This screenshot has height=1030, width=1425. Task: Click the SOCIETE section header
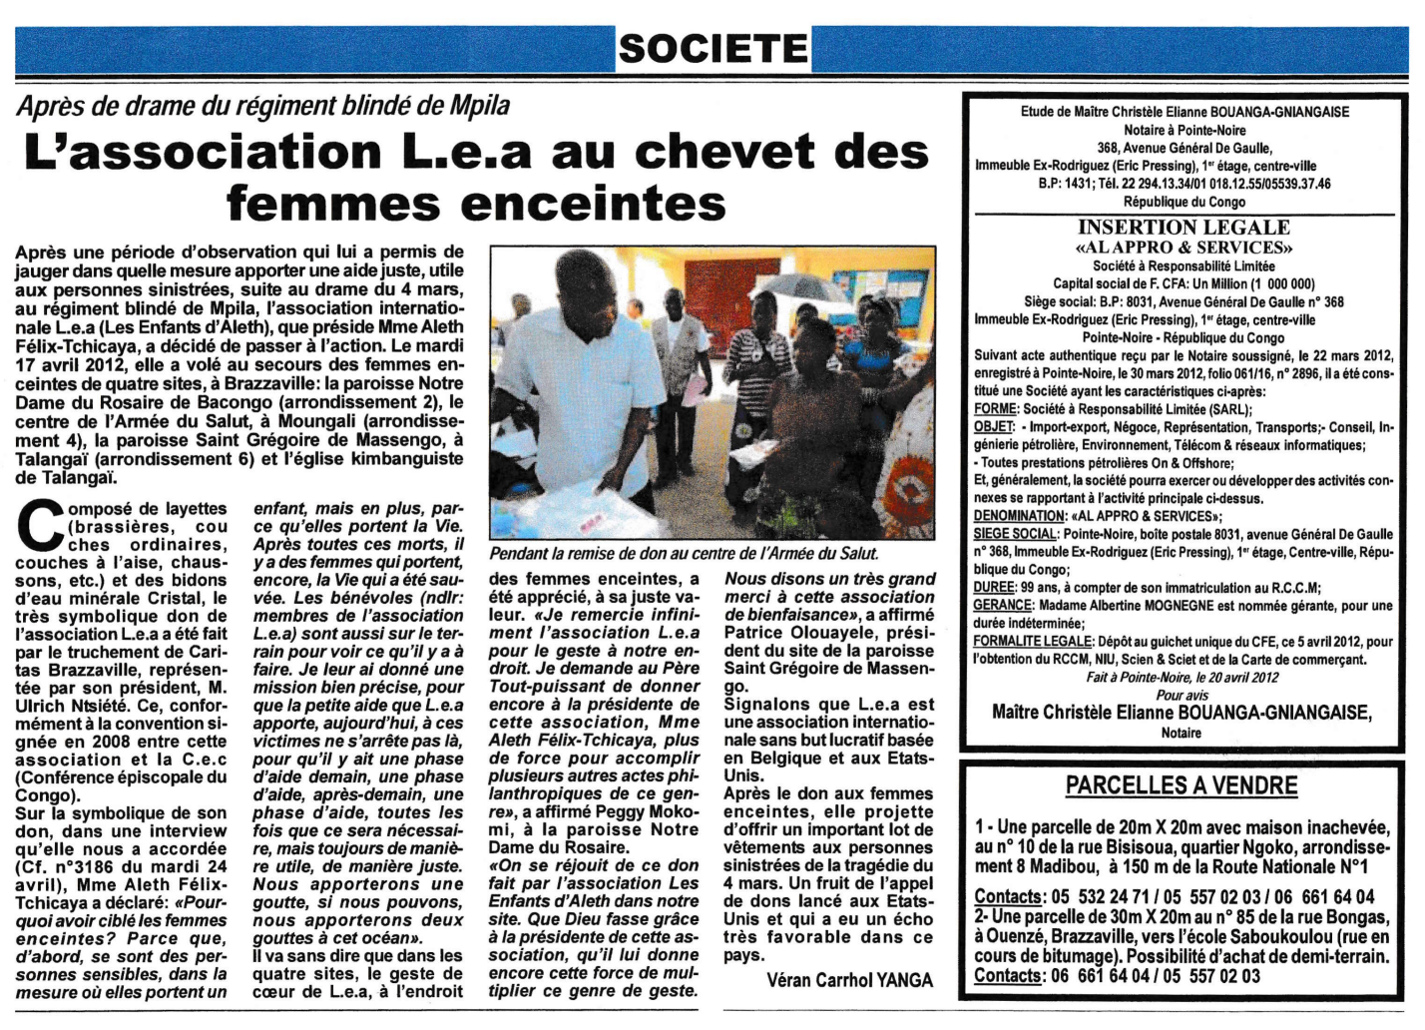(712, 48)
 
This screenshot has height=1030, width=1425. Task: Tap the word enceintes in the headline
(612, 204)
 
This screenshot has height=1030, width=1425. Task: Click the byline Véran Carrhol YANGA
(849, 980)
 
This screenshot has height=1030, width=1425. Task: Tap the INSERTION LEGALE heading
(1184, 228)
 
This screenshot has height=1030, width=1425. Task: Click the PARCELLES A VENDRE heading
(1182, 785)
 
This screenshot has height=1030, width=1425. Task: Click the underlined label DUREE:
(995, 587)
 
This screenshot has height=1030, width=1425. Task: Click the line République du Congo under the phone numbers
(1184, 202)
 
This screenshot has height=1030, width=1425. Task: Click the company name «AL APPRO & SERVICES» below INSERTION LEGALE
(1184, 248)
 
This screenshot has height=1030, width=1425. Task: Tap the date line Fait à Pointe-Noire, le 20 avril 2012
(1184, 678)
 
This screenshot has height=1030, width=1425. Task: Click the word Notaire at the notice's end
(1182, 734)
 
